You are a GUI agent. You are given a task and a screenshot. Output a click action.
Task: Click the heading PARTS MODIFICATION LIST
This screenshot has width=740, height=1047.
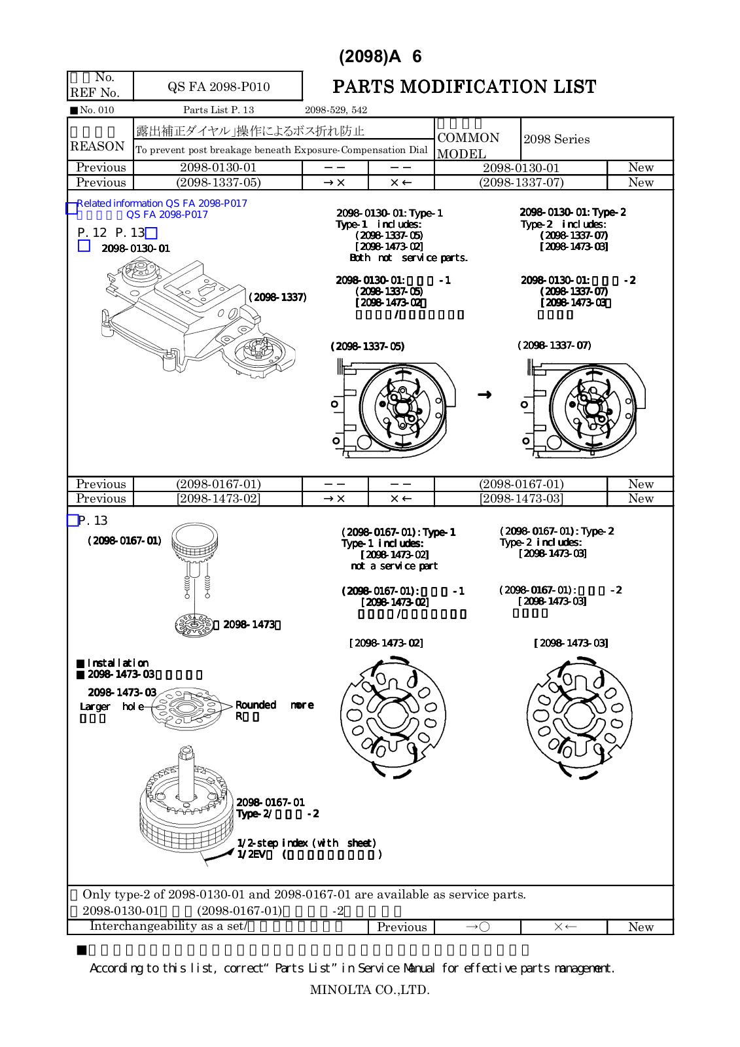click(x=464, y=87)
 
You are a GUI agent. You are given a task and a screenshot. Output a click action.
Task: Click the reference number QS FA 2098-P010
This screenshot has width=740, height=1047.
click(x=219, y=87)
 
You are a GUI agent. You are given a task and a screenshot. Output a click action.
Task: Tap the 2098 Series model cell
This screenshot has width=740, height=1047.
click(x=556, y=139)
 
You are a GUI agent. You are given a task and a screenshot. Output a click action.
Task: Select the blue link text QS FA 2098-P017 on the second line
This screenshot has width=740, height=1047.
click(x=167, y=215)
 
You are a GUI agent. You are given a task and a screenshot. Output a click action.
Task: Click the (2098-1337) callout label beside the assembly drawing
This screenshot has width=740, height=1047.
click(x=277, y=297)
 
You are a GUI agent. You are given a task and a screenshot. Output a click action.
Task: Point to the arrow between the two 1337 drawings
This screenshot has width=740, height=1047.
click(x=484, y=395)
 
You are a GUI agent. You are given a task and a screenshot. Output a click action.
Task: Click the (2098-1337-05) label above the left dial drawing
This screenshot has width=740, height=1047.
click(x=367, y=346)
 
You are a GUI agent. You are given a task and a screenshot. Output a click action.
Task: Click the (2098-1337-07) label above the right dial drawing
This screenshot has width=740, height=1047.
click(x=554, y=345)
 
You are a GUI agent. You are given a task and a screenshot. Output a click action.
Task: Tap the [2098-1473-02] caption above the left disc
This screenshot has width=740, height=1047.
click(x=386, y=643)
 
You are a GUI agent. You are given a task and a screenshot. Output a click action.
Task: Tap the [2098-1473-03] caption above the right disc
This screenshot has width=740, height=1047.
click(x=571, y=643)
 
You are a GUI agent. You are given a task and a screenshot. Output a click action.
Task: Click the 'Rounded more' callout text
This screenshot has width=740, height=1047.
click(x=274, y=705)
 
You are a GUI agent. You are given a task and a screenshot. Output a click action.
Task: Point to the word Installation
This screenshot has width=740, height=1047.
click(x=118, y=663)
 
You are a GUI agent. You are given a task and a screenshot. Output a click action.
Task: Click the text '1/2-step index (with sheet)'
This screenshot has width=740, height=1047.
click(x=306, y=843)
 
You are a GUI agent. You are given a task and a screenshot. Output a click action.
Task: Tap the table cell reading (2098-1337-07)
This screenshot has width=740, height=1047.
click(x=521, y=183)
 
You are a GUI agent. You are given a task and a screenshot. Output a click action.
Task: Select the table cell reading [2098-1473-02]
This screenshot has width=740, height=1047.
click(x=218, y=499)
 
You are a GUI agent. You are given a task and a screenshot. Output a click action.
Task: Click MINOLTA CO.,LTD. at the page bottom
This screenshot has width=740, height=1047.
click(x=370, y=990)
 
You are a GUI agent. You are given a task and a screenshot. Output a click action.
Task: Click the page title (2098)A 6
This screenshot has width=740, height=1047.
click(x=380, y=57)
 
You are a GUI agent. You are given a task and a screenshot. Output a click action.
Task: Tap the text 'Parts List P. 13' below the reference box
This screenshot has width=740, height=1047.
click(x=219, y=110)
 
